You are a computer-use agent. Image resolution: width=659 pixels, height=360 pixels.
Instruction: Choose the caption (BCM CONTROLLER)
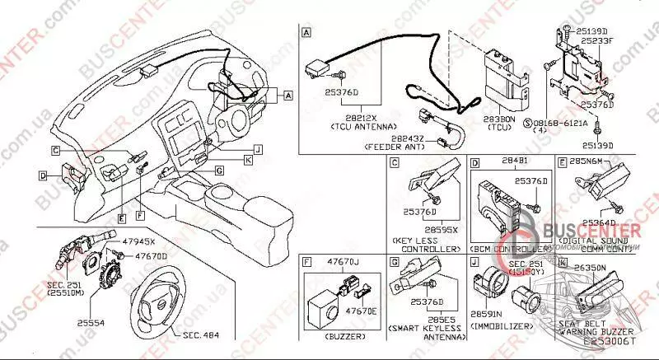[510, 248]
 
